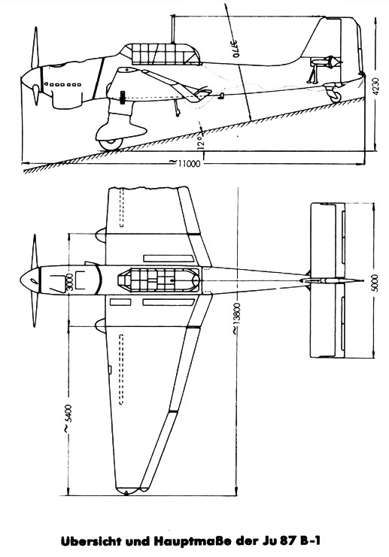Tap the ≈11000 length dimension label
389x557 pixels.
[x=184, y=162]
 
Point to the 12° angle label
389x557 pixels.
[x=201, y=142]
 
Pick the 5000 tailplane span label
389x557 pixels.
[x=374, y=283]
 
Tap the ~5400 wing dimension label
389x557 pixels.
[x=68, y=419]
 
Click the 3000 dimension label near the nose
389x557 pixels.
[x=69, y=283]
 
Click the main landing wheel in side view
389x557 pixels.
[x=110, y=143]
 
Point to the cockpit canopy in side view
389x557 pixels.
[x=160, y=54]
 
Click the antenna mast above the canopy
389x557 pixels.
[x=173, y=29]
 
